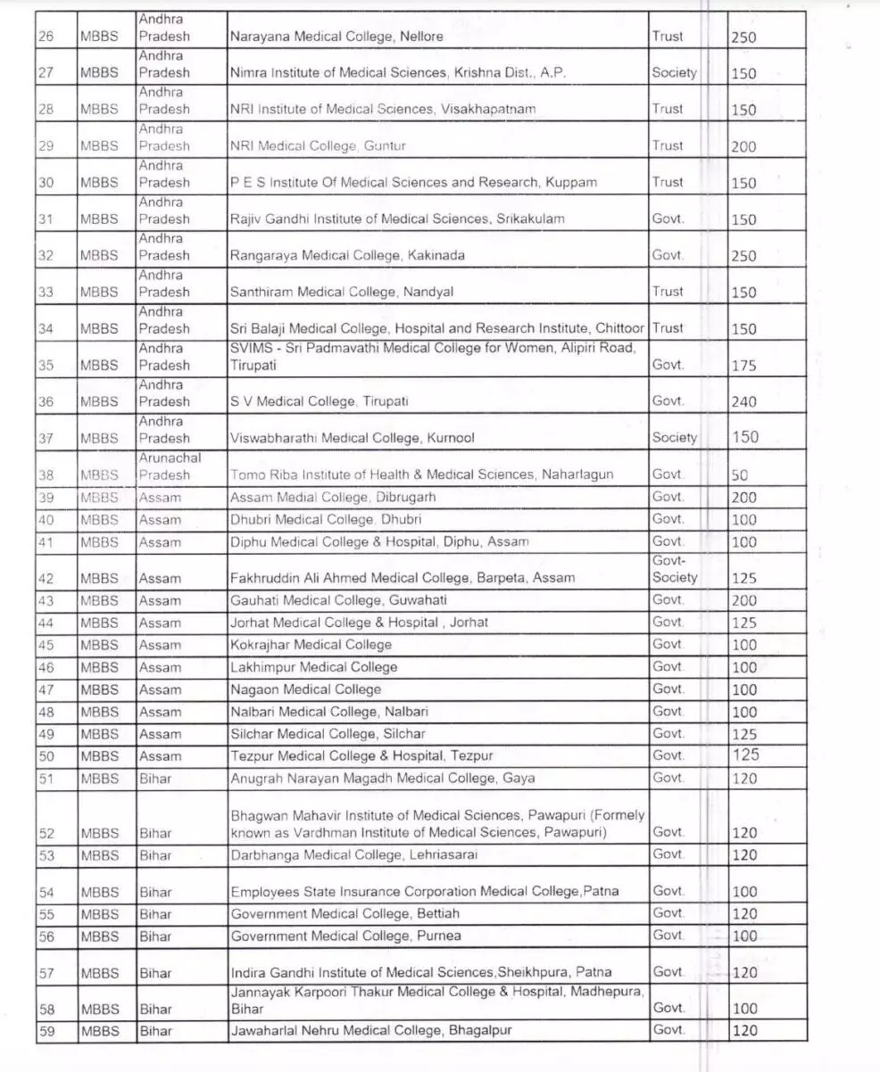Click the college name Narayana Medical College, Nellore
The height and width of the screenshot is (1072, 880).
(336, 37)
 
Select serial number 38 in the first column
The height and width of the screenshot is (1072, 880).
(46, 475)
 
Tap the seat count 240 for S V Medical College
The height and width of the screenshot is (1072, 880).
(743, 402)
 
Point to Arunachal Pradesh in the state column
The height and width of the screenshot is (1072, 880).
(170, 466)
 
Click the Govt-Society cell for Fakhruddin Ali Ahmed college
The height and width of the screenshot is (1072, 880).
(675, 569)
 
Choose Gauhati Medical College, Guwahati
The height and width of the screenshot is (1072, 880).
(338, 600)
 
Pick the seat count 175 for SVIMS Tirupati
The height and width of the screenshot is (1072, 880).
(743, 366)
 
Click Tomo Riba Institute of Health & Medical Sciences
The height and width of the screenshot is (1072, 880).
(422, 475)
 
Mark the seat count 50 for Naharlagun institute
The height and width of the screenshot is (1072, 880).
(739, 476)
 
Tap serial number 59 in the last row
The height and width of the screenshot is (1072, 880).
(46, 1031)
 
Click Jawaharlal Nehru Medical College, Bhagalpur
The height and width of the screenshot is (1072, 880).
(371, 1031)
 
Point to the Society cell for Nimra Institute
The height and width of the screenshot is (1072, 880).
(674, 73)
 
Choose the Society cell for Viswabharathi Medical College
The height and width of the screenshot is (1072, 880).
(674, 438)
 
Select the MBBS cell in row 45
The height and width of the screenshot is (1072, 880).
(99, 645)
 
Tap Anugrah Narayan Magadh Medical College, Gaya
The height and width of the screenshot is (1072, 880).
(383, 778)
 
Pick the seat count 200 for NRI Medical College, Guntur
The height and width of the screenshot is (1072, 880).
(743, 147)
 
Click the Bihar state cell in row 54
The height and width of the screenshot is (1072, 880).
(155, 892)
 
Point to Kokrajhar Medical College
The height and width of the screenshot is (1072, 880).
(311, 645)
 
